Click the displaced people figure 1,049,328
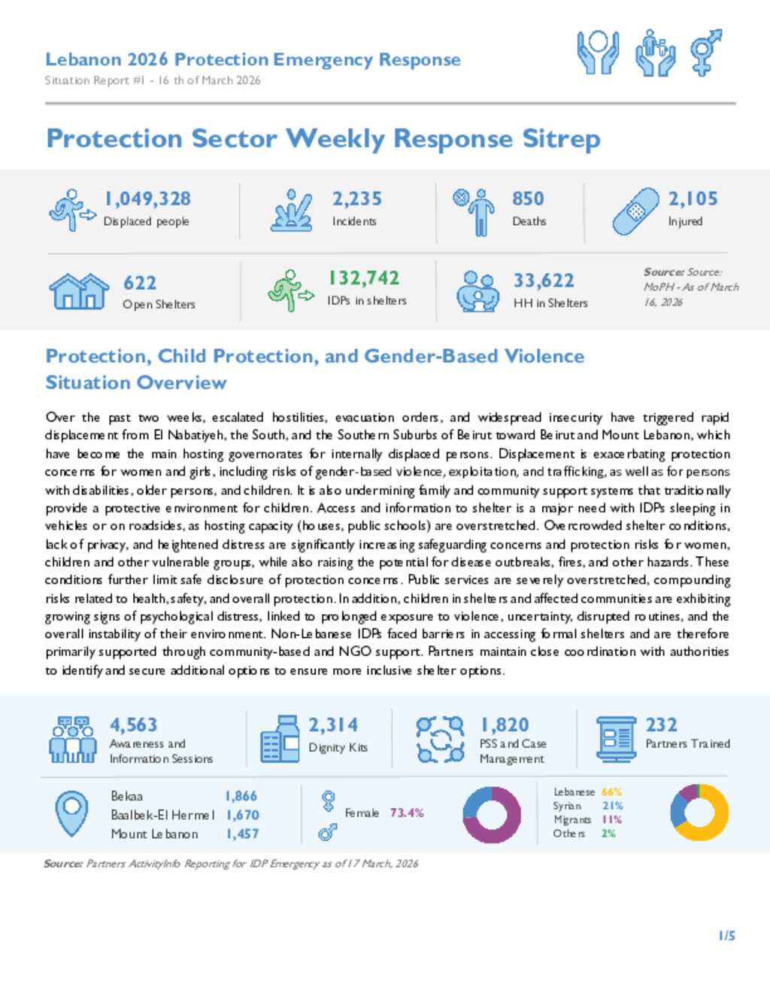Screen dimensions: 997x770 coord(147,199)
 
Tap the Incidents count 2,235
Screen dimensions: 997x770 coord(357,199)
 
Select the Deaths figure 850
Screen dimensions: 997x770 coord(528,199)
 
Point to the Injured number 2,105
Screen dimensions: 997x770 coord(693,199)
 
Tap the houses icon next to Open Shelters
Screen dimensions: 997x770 coord(78,291)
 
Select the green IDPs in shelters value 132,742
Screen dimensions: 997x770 coord(364,278)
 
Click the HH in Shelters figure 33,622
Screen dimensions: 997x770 coord(544,281)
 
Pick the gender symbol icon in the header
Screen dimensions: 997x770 coord(706,52)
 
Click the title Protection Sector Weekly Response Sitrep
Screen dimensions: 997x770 coord(323,138)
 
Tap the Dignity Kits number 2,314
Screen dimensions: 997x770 coord(333,725)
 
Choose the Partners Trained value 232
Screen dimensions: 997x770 coord(661,725)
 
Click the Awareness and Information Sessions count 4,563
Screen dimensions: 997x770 coord(134,725)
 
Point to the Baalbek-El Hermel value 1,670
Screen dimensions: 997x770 coord(242,815)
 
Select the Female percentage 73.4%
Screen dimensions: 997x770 coord(407,813)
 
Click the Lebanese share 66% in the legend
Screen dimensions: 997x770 coord(611,792)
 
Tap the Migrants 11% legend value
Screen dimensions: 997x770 coord(611,819)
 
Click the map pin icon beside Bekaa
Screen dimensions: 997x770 coord(72,813)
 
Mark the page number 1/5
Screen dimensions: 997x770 coord(726,936)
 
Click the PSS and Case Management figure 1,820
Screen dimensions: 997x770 coord(505,725)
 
